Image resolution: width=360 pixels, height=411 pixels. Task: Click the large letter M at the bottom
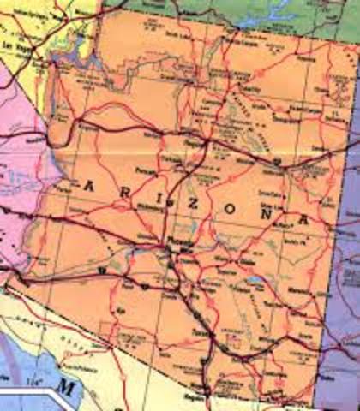[x=68, y=390]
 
